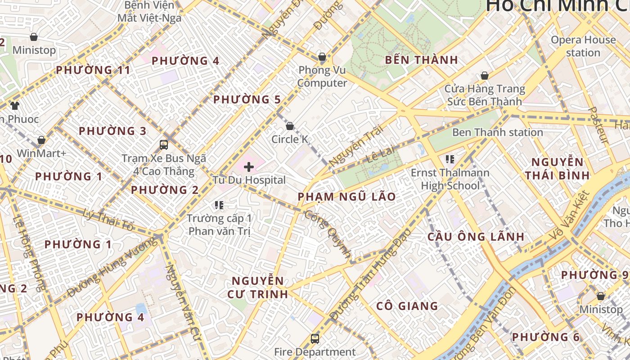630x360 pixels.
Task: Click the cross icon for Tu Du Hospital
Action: pos(248,167)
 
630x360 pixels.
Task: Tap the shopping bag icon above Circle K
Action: pos(290,126)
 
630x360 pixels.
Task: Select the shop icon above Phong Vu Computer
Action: pos(322,57)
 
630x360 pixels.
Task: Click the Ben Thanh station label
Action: pos(497,132)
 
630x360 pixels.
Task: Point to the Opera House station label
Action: pos(583,46)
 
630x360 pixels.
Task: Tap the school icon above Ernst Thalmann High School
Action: pos(450,159)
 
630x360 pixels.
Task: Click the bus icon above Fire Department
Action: pos(315,338)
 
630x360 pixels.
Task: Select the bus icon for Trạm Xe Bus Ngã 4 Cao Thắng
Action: pos(164,145)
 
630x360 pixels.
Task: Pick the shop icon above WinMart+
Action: pos(41,140)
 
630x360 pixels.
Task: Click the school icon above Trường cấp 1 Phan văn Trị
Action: pos(219,205)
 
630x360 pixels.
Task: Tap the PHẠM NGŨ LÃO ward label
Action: pos(346,197)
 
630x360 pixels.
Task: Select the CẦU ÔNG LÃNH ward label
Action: pos(476,237)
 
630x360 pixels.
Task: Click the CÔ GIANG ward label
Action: pos(407,306)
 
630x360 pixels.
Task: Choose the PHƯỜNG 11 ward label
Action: pos(93,70)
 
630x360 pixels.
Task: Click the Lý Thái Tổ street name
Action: pos(108,220)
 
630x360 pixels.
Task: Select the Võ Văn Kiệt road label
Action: pos(570,216)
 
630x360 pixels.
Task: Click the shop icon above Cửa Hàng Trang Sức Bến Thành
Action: pos(485,76)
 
